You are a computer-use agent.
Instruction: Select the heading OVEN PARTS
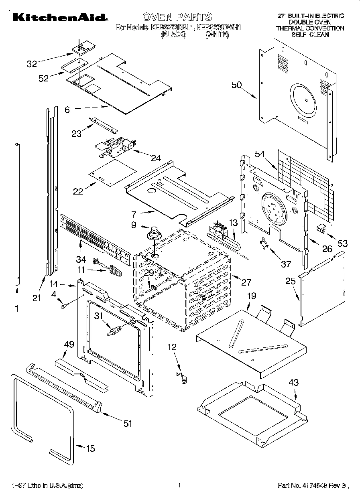click(x=177, y=17)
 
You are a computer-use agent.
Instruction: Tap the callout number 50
click(x=237, y=85)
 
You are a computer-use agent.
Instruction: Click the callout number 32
click(x=32, y=63)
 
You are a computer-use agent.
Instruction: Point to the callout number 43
click(x=294, y=383)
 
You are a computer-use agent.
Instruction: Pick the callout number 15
click(x=91, y=448)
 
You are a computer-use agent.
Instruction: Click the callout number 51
click(x=128, y=424)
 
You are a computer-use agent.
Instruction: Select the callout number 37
click(x=286, y=264)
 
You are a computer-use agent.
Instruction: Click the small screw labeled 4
click(x=64, y=306)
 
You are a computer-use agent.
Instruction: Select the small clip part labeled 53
click(x=321, y=228)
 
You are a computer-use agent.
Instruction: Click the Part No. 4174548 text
click(x=312, y=486)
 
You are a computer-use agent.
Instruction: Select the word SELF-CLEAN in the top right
click(x=310, y=35)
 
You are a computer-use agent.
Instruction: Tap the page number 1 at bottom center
click(x=180, y=485)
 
